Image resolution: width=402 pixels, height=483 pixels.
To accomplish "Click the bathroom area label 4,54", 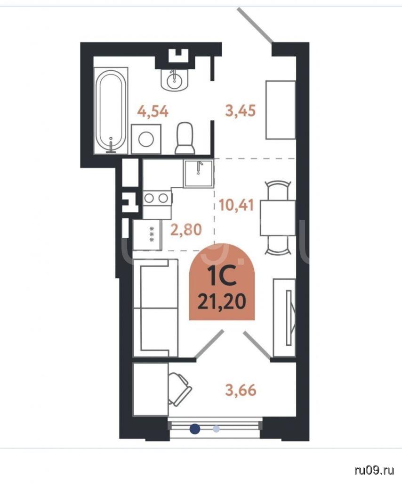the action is [x=153, y=111].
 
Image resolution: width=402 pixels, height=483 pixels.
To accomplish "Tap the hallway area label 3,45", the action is [x=241, y=110].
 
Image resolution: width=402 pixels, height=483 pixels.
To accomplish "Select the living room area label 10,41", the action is [x=236, y=205].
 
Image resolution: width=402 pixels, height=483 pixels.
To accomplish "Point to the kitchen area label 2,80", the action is [x=186, y=230].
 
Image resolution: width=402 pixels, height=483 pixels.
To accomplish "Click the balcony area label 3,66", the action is [x=241, y=390].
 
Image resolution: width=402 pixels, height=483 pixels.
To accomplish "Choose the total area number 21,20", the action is [x=222, y=301].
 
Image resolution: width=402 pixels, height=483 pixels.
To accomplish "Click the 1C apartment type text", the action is [x=222, y=276].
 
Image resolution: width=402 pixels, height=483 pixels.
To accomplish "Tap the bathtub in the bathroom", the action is [x=110, y=111].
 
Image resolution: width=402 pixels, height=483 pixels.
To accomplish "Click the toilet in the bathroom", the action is [x=185, y=138].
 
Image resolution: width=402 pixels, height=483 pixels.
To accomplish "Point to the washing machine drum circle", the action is [x=146, y=140].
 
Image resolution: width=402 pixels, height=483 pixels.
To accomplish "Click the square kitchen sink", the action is [x=199, y=174].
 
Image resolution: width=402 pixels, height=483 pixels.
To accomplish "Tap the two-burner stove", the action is [x=157, y=198].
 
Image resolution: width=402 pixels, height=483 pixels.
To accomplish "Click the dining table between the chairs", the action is [x=278, y=218].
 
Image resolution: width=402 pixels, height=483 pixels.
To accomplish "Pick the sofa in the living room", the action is [x=155, y=308].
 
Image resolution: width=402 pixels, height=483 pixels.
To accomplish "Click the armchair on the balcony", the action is [x=179, y=389].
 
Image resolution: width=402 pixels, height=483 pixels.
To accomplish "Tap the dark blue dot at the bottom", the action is [x=194, y=429].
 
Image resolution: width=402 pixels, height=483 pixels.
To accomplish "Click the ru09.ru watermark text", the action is [x=374, y=470].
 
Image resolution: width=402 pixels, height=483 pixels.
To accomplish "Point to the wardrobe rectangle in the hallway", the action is [x=281, y=110].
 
